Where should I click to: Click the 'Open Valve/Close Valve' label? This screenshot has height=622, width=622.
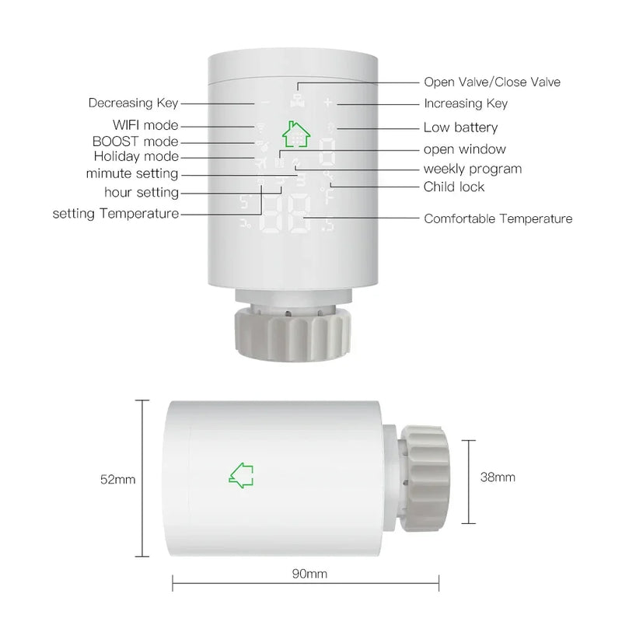491,82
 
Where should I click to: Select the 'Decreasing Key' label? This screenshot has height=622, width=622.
133,103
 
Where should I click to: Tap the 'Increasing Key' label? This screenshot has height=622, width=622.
465,103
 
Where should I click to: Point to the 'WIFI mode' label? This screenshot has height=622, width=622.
145,125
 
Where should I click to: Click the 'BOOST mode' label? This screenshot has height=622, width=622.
135,142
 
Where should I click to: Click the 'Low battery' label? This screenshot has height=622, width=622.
460,128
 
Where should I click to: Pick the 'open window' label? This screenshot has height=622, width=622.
464,149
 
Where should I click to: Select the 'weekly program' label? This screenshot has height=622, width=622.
472,169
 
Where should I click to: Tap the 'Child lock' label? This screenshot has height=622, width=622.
453,187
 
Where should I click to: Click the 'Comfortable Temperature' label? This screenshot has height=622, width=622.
498,218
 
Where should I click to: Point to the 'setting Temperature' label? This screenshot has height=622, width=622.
116,213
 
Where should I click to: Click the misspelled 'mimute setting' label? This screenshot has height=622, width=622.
132,173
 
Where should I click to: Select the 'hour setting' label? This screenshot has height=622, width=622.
142,192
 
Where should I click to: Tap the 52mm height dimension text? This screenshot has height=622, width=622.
117,480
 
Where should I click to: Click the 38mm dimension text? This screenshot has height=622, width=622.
498,477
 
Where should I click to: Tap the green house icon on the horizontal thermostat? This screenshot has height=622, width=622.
243,474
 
